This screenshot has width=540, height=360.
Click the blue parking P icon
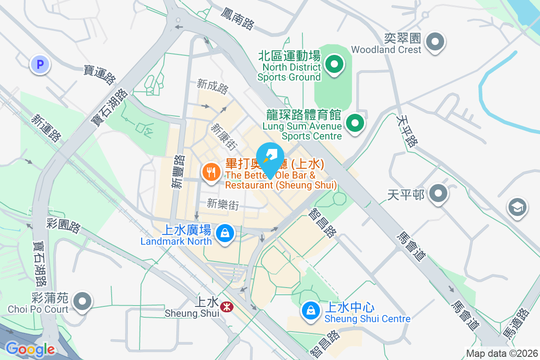40,65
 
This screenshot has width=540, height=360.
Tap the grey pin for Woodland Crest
435,43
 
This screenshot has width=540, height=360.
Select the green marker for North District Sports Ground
334,64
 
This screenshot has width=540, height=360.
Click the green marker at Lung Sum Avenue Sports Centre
355,122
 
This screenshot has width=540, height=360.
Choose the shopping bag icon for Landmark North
224,233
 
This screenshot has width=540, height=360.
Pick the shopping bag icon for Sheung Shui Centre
310,310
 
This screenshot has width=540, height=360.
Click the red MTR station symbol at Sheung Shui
225,306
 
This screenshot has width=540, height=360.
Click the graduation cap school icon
517,207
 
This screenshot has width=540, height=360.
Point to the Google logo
30,349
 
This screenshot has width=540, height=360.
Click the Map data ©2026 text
501,354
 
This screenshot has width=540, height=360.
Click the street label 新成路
212,86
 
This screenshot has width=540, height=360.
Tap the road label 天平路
407,131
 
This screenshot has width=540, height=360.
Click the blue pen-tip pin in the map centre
270,158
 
